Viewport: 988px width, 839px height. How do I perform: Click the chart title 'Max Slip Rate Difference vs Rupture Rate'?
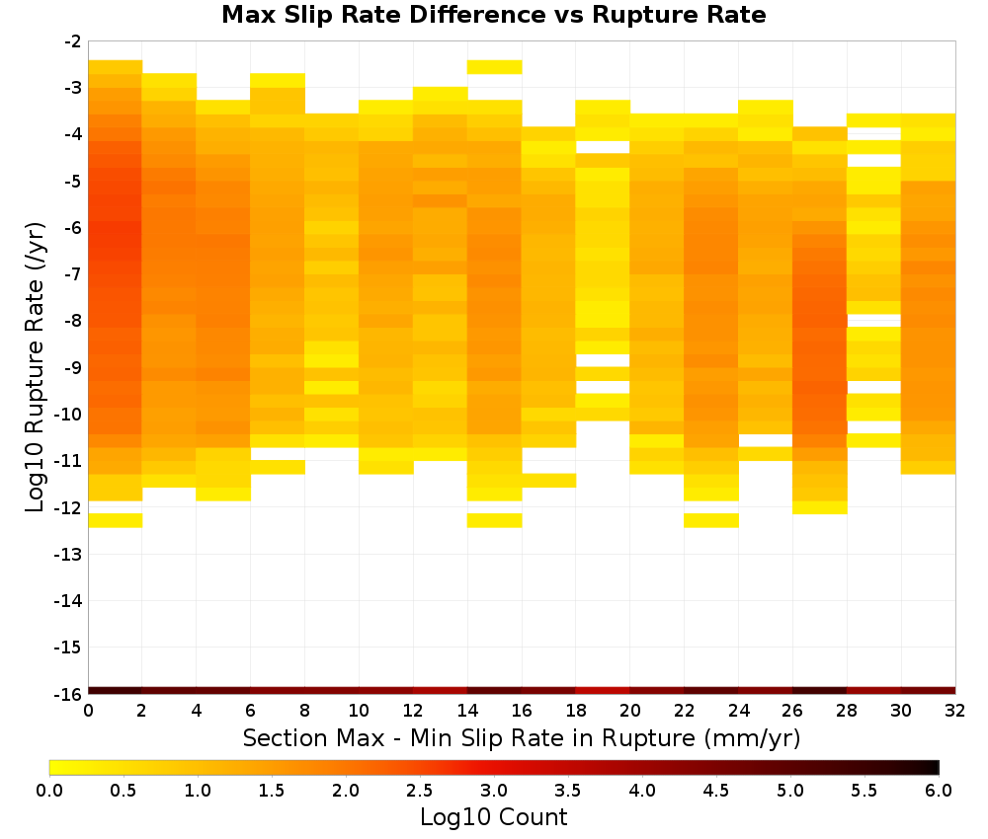[x=493, y=15]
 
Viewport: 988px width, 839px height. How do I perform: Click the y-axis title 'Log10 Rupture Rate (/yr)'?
[x=36, y=367]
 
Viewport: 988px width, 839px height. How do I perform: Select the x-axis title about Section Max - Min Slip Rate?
[x=522, y=737]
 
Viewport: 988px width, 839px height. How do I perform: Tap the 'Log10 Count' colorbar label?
[x=493, y=817]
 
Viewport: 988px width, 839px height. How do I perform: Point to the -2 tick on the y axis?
[x=73, y=41]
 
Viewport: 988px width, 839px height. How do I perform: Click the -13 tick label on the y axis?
[x=69, y=555]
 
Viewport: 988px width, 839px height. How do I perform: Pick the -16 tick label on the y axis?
[x=69, y=694]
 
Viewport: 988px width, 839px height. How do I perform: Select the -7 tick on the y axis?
[x=73, y=274]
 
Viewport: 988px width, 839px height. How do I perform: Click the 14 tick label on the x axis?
[x=467, y=711]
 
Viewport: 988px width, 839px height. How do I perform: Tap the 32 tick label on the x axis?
[x=955, y=711]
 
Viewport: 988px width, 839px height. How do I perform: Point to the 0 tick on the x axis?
[x=88, y=711]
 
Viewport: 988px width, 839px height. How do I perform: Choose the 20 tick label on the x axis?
[x=630, y=711]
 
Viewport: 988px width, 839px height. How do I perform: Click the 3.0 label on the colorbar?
[x=494, y=791]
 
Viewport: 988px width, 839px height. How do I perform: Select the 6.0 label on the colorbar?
[x=939, y=791]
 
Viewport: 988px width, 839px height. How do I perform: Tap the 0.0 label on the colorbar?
[x=49, y=791]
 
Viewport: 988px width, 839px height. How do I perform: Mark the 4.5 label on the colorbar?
[x=715, y=791]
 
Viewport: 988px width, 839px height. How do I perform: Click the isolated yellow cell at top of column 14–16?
[x=495, y=67]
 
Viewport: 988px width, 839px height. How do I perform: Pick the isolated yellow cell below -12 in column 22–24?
[x=711, y=520]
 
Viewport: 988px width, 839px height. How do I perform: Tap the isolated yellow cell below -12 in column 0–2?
[x=116, y=520]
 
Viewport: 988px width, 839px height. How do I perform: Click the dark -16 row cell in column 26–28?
[x=820, y=691]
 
